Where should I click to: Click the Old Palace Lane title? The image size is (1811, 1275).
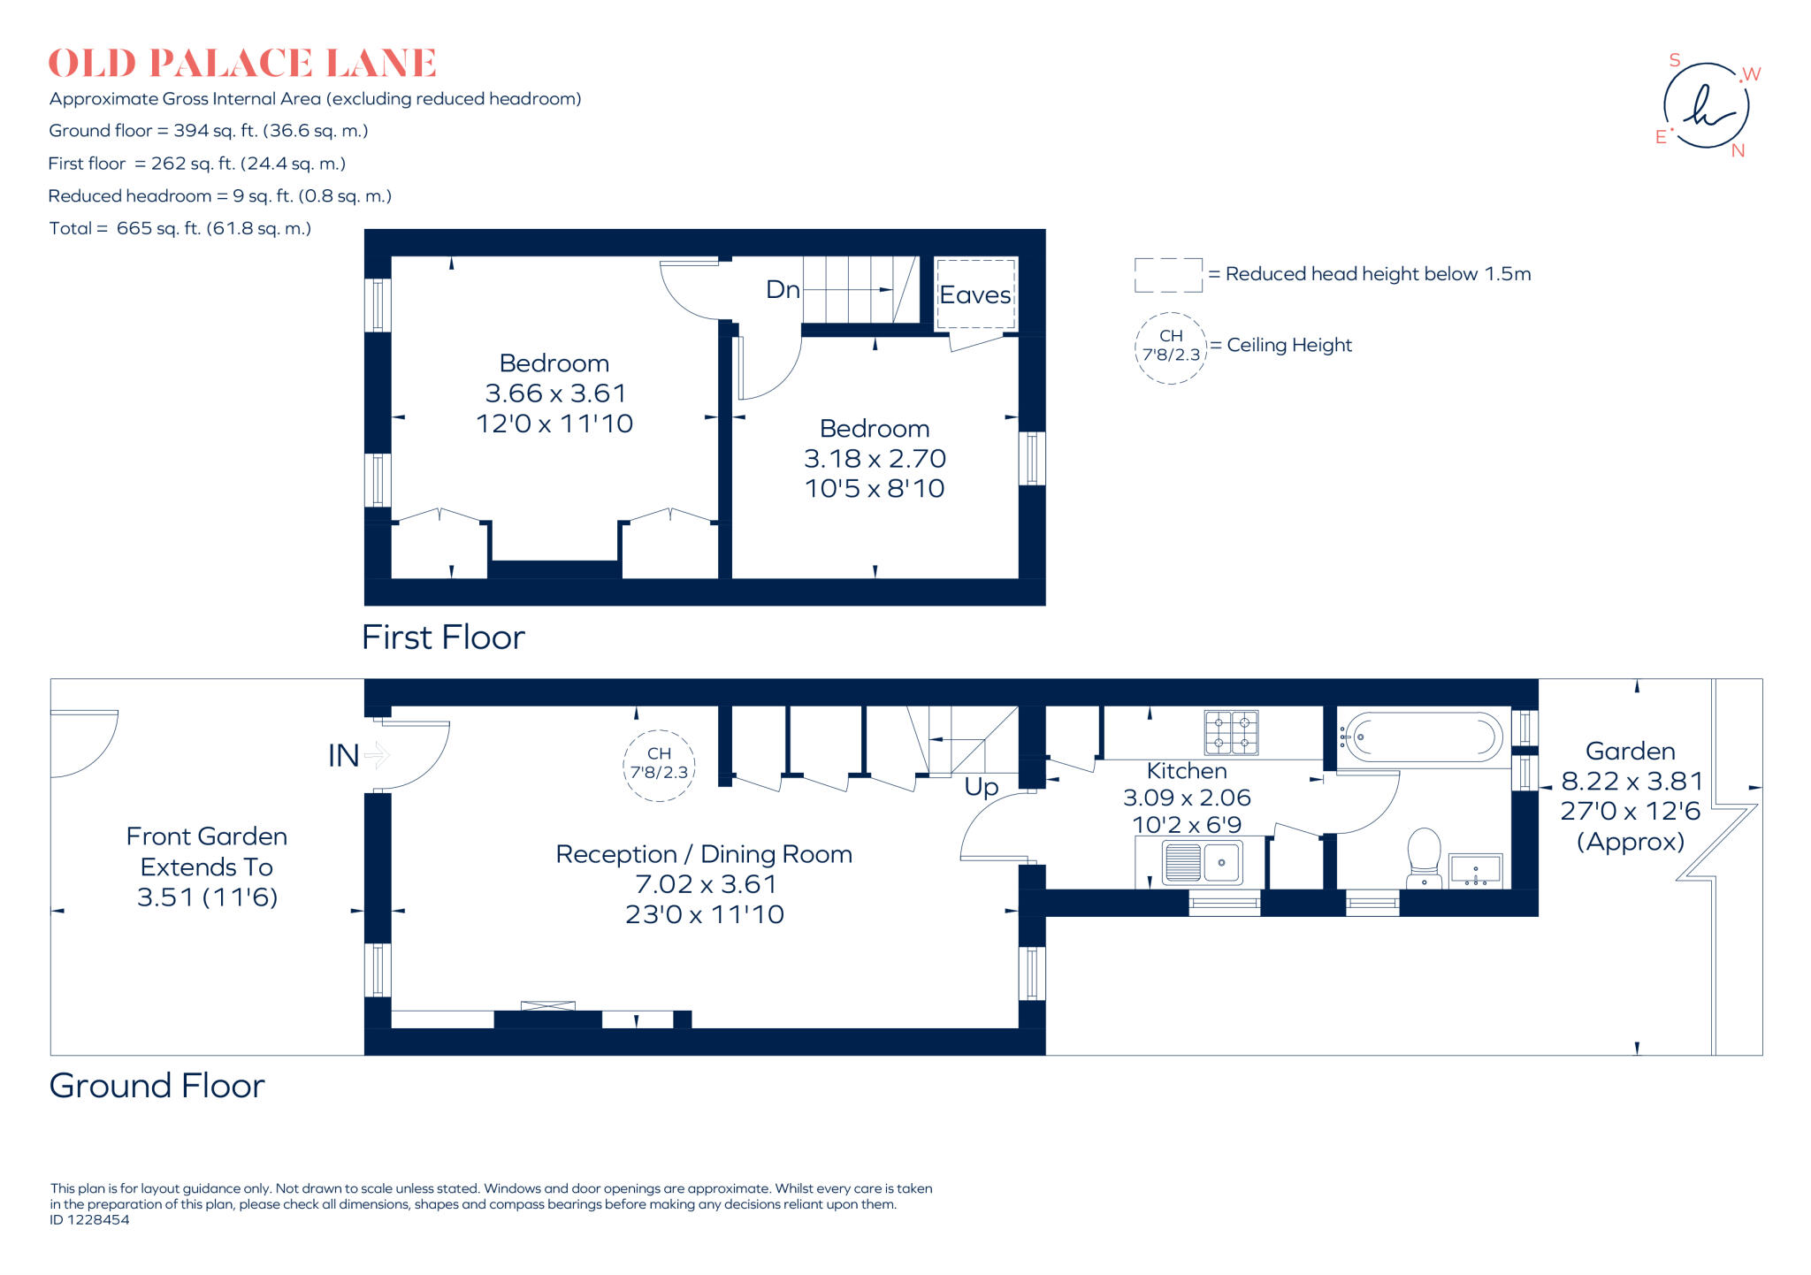(x=242, y=64)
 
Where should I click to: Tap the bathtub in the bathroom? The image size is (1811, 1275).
(x=1421, y=737)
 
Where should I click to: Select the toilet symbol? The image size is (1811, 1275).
(x=1424, y=857)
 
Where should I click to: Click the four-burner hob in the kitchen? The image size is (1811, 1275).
(x=1231, y=732)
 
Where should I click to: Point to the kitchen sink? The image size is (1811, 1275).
(x=1202, y=862)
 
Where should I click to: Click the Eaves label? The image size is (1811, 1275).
(x=974, y=295)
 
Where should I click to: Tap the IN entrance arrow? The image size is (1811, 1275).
(x=377, y=755)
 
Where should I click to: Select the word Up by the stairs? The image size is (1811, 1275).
(x=982, y=787)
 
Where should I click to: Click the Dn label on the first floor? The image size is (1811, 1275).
(x=783, y=290)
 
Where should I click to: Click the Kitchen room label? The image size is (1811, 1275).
(x=1187, y=771)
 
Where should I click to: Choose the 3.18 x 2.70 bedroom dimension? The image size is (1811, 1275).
(x=875, y=459)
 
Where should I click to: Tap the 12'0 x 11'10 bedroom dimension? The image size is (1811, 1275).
(x=554, y=424)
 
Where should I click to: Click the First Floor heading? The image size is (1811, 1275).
(x=443, y=637)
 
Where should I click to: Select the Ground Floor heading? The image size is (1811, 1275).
(x=157, y=1086)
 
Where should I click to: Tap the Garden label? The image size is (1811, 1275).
(x=1630, y=752)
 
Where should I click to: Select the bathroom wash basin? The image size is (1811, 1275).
(x=1475, y=870)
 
